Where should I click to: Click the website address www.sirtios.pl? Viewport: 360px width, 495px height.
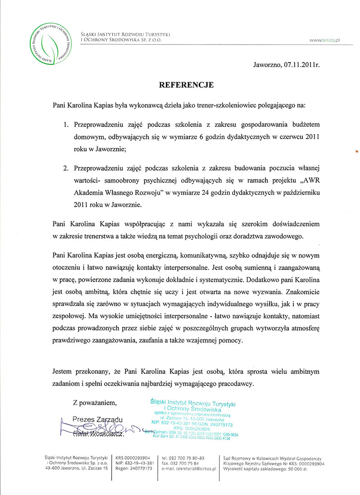click(x=324, y=40)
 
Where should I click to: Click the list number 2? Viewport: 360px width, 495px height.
click(x=66, y=168)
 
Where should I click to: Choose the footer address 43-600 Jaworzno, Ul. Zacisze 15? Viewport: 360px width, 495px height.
click(x=76, y=468)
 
